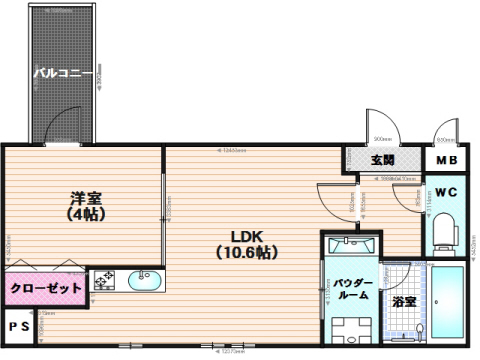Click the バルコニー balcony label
click(63, 72)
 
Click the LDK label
click(246, 237)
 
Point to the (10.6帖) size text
click(246, 253)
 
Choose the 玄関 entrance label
click(382, 160)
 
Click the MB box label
click(446, 160)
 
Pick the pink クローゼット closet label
click(45, 289)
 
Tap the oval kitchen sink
click(145, 280)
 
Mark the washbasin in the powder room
click(349, 243)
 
